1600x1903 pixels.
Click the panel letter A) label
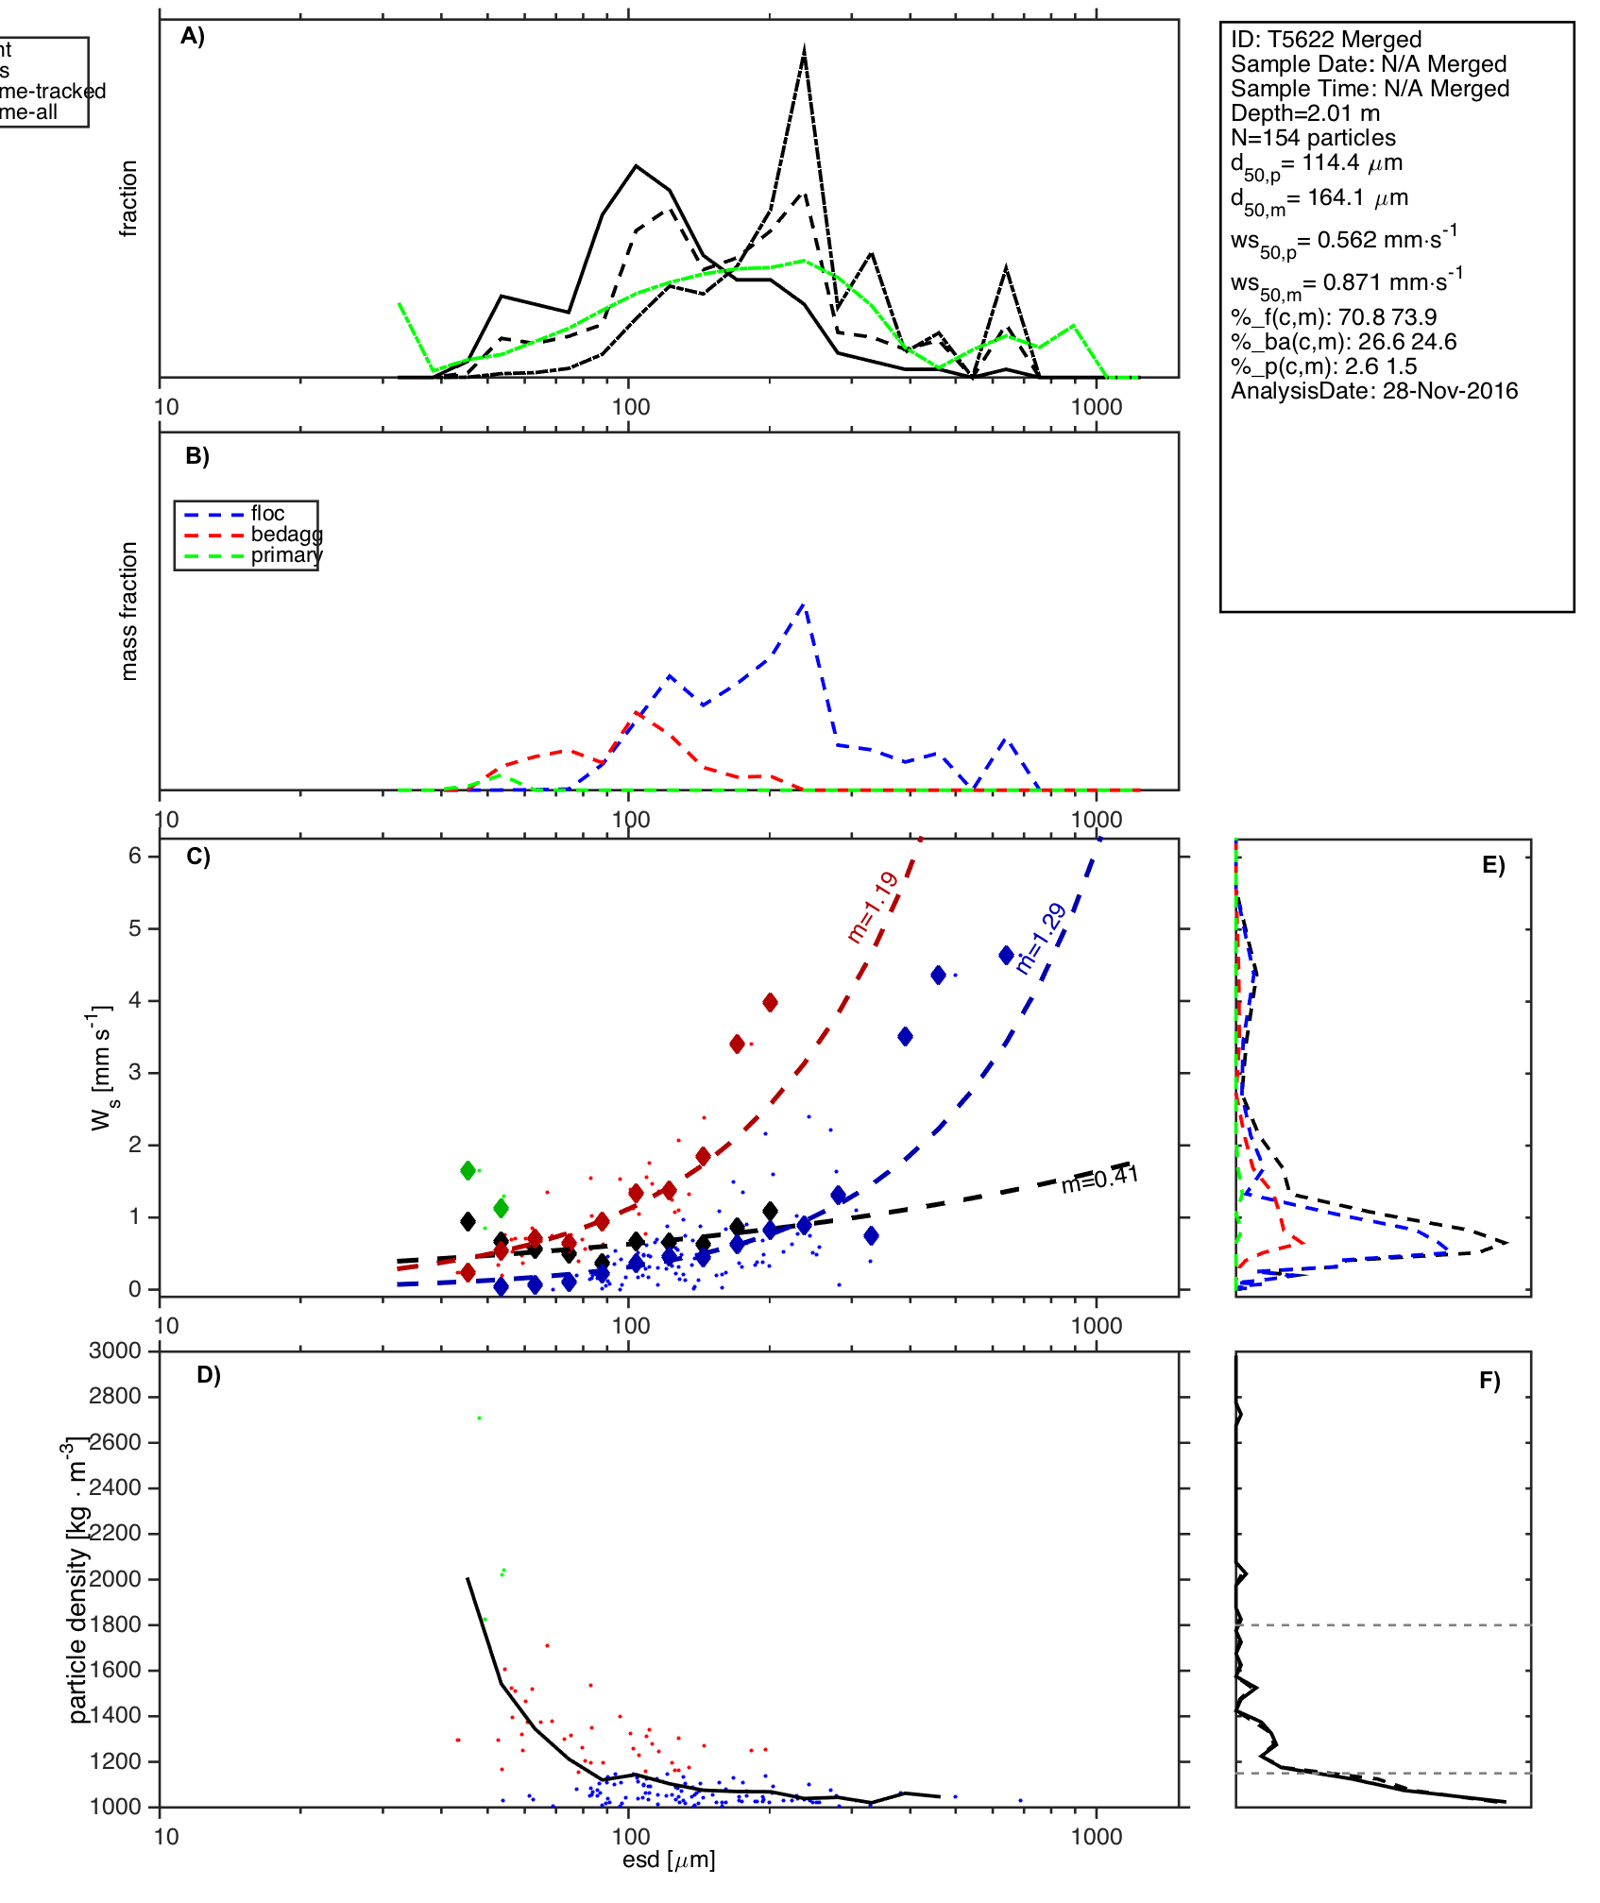[x=193, y=37]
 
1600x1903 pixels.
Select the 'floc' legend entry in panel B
[x=267, y=514]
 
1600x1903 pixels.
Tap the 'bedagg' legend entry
[x=286, y=535]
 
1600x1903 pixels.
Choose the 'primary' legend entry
[x=286, y=555]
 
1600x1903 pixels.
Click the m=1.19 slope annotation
[x=873, y=908]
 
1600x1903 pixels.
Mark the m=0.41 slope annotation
[x=1099, y=1179]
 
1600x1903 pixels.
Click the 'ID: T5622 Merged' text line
[x=1325, y=40]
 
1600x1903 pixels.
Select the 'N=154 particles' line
[x=1313, y=138]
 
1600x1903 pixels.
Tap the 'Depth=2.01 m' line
[x=1304, y=113]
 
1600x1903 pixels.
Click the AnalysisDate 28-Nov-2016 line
[x=1373, y=391]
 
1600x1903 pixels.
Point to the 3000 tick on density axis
[x=115, y=1351]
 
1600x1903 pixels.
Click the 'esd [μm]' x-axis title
[x=669, y=1861]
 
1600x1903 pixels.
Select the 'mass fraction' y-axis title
[x=129, y=611]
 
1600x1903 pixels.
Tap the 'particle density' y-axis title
[x=77, y=1634]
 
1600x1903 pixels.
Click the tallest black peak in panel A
[x=804, y=47]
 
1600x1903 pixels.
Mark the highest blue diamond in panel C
[x=1007, y=955]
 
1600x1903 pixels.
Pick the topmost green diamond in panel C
[x=468, y=1171]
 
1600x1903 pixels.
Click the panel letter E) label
[x=1492, y=866]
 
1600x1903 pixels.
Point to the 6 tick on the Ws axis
[x=135, y=856]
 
